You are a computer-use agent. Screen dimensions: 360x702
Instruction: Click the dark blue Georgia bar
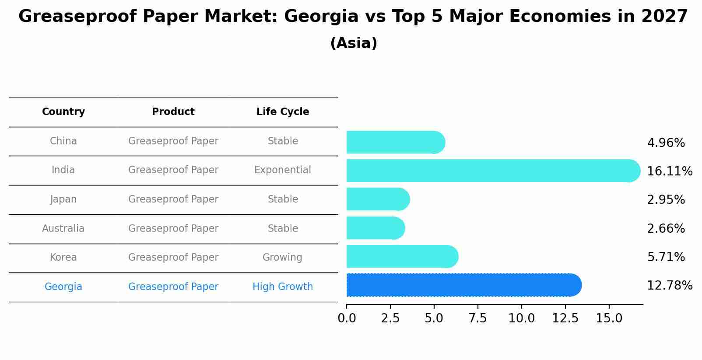pos(464,285)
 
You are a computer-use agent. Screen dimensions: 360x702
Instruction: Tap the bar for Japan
pos(378,199)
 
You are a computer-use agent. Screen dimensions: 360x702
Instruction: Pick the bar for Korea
pos(402,257)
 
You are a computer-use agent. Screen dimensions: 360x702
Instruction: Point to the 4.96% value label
pos(666,143)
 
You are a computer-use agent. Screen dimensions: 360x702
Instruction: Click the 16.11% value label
pos(669,171)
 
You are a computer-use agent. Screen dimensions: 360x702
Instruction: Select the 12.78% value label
pos(669,286)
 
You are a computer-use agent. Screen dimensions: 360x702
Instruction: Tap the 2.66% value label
pos(666,228)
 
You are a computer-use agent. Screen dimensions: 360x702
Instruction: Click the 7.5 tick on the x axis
pos(477,318)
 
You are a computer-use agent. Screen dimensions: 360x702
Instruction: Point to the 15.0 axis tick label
pos(609,318)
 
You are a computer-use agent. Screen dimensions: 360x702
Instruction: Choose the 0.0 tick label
pos(347,318)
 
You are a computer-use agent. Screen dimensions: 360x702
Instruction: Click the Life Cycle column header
pos(283,112)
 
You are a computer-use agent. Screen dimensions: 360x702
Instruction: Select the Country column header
pos(63,112)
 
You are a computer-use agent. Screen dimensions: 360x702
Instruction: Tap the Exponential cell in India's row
pos(283,170)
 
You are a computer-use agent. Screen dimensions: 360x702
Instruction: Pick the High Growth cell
pos(283,287)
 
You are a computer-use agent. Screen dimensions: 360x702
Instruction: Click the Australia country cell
pos(63,229)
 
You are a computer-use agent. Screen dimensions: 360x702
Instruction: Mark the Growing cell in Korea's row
pos(283,258)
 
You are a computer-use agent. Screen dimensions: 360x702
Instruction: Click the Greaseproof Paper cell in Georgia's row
pos(173,287)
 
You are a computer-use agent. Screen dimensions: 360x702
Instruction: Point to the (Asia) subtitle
pos(354,43)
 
